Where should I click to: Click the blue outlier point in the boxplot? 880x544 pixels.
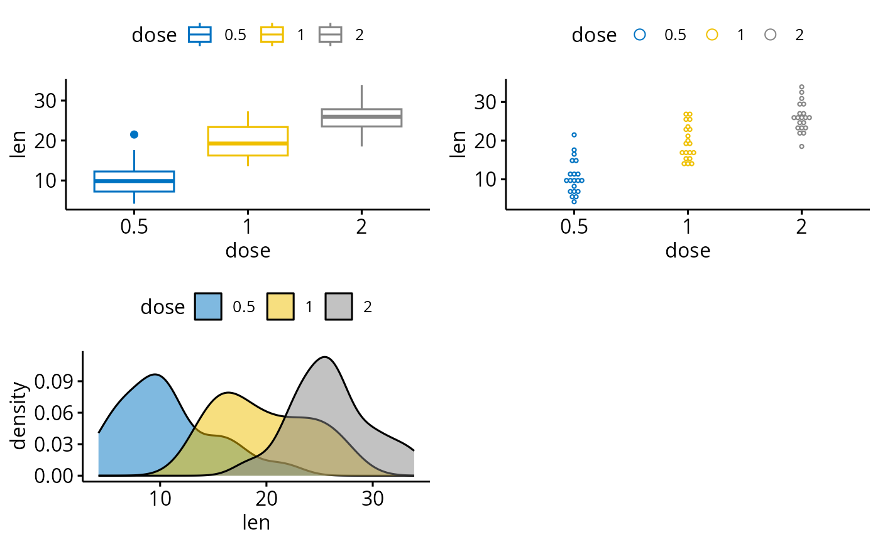(134, 134)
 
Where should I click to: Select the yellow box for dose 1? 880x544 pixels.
(248, 141)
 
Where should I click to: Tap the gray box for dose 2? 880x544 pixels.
(361, 117)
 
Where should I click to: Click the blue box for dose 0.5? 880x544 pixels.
(134, 181)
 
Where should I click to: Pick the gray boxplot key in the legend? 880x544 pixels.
(330, 35)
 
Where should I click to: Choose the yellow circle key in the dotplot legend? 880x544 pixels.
(712, 35)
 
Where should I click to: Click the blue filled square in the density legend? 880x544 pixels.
(208, 307)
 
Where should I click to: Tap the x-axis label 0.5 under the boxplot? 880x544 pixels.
(134, 227)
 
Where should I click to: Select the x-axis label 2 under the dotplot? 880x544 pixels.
(801, 227)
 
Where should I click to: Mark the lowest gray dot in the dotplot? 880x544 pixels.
(801, 146)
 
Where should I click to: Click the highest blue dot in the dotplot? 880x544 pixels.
(574, 135)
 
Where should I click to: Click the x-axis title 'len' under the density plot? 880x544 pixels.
(256, 522)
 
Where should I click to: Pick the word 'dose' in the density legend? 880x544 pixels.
(162, 307)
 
